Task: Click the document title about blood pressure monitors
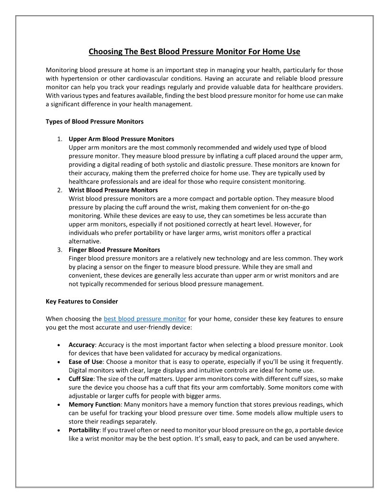[x=194, y=51]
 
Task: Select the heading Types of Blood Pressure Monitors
[x=94, y=121]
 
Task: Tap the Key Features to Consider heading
[x=82, y=302]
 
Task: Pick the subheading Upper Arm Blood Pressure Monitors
[x=121, y=139]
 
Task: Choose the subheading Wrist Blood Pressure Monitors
[x=113, y=190]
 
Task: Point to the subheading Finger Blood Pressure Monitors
[x=114, y=250]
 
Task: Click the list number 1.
[x=59, y=139]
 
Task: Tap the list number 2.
[x=59, y=190]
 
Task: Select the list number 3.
[x=59, y=250]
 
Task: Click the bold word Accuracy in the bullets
[x=82, y=344]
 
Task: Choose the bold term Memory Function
[x=94, y=404]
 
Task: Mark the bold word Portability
[x=83, y=430]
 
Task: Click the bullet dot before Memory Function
[x=58, y=405]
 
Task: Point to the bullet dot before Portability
[x=58, y=431]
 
